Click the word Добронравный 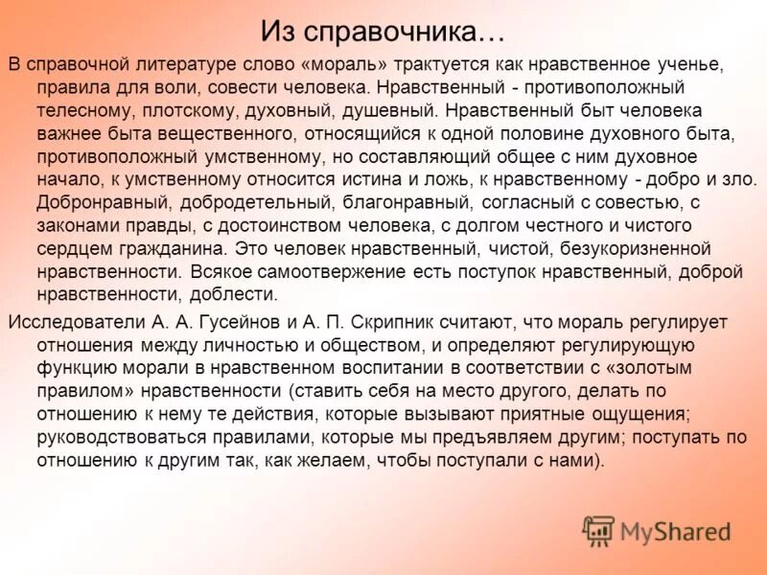click(104, 202)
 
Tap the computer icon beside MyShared click(598, 531)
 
